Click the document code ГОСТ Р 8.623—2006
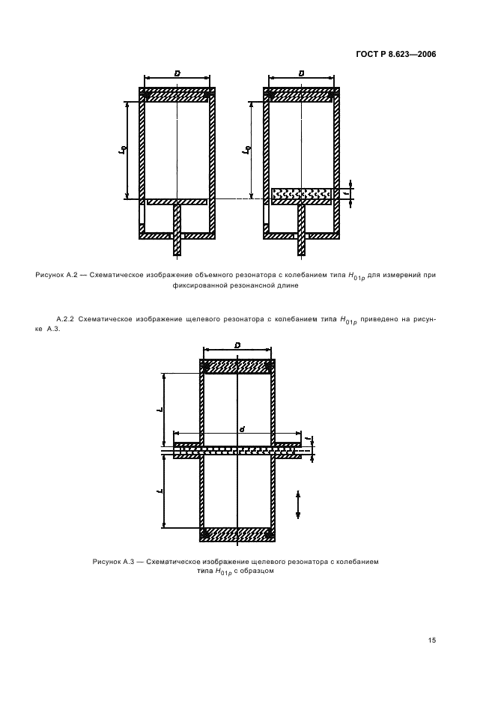[x=395, y=55]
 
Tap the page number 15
[x=431, y=640]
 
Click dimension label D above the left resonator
[x=177, y=73]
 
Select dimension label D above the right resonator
[x=301, y=73]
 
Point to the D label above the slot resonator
[x=237, y=345]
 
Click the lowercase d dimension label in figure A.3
[x=241, y=429]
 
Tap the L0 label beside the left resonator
[x=121, y=151]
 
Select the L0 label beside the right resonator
[x=246, y=151]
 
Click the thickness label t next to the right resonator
[x=346, y=193]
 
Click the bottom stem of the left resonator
[x=177, y=230]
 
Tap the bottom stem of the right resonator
[x=301, y=230]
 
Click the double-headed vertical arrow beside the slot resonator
[x=298, y=505]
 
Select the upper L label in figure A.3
[x=160, y=410]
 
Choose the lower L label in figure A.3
[x=160, y=491]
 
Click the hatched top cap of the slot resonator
[x=237, y=366]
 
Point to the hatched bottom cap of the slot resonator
[x=237, y=534]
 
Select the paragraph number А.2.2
[x=65, y=319]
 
